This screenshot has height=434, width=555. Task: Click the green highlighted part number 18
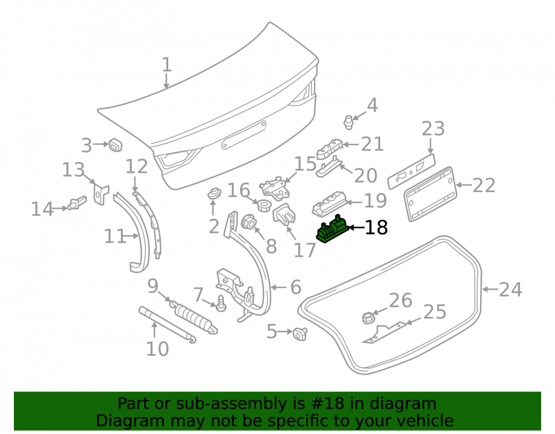pyautogui.click(x=332, y=229)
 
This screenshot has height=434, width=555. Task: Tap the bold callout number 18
pyautogui.click(x=376, y=227)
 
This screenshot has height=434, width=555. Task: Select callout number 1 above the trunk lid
pyautogui.click(x=167, y=65)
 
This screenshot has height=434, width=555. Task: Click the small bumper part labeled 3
pyautogui.click(x=115, y=144)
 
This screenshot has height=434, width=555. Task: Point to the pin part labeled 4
pyautogui.click(x=349, y=122)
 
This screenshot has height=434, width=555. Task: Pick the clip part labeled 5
pyautogui.click(x=300, y=333)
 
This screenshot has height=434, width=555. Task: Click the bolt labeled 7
pyautogui.click(x=221, y=303)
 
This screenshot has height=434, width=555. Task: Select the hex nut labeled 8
pyautogui.click(x=249, y=222)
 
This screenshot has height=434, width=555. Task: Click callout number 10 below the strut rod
pyautogui.click(x=157, y=350)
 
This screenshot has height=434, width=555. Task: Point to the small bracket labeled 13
pyautogui.click(x=100, y=194)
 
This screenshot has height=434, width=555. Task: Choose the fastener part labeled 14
pyautogui.click(x=78, y=203)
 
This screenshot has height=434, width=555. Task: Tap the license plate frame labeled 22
pyautogui.click(x=431, y=194)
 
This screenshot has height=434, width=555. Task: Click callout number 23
pyautogui.click(x=433, y=128)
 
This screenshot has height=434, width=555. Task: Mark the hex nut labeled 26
pyautogui.click(x=368, y=317)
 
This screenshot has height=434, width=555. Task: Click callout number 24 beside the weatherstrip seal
pyautogui.click(x=510, y=290)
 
